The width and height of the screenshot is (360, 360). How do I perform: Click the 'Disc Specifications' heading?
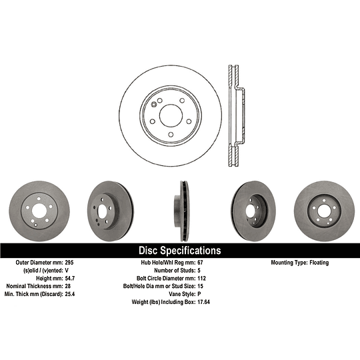180,251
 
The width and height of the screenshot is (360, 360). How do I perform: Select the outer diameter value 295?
69,263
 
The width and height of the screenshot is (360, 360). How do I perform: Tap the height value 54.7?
70,278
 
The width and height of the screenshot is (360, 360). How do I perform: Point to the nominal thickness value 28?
68,286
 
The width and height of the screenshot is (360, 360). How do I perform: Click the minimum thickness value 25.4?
70,294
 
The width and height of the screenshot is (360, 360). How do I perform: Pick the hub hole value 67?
200,263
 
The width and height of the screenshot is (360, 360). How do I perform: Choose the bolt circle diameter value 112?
201,278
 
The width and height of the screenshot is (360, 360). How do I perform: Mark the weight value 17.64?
203,302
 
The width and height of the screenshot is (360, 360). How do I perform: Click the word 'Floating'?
319,263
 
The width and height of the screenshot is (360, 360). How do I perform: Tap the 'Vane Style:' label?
182,294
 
